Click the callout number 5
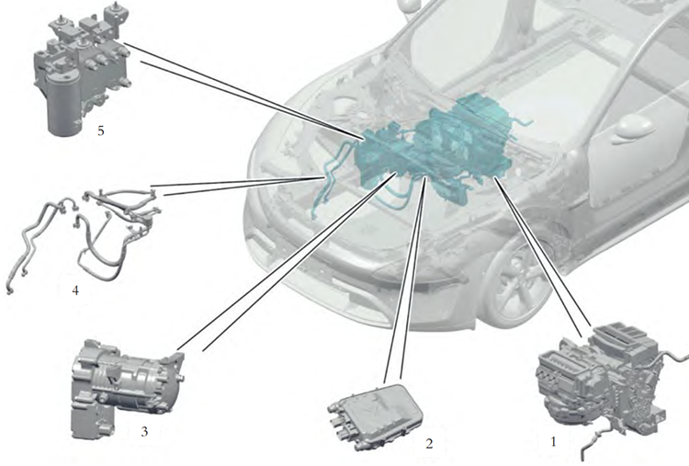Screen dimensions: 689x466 click(x=101, y=131)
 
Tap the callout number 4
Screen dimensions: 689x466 click(x=75, y=290)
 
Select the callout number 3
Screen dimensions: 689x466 click(x=144, y=432)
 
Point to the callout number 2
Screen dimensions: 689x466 click(x=429, y=444)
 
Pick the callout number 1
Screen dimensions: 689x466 click(x=553, y=441)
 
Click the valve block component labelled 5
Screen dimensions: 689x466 click(x=81, y=71)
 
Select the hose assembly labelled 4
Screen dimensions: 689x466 click(x=84, y=237)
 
